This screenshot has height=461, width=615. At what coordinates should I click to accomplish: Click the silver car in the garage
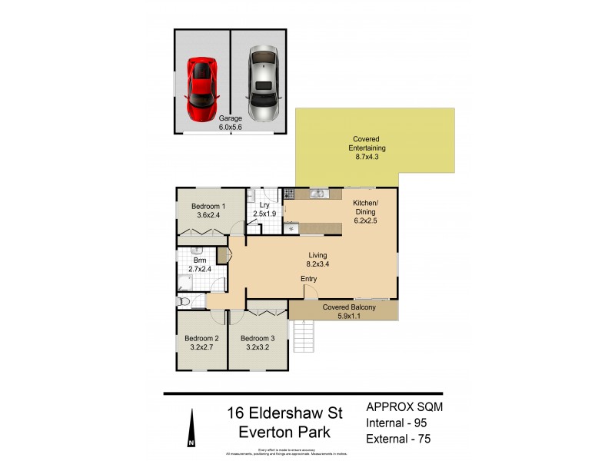[261, 85]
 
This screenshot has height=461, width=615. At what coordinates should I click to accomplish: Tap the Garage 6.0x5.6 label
[230, 123]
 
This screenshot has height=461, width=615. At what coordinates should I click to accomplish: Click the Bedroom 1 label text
[208, 206]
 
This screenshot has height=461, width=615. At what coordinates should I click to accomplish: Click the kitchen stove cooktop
[291, 194]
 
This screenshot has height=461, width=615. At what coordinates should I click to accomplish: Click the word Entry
[309, 279]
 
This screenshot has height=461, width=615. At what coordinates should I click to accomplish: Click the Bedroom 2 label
[201, 343]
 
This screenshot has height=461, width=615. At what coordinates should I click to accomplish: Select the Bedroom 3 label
[258, 343]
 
